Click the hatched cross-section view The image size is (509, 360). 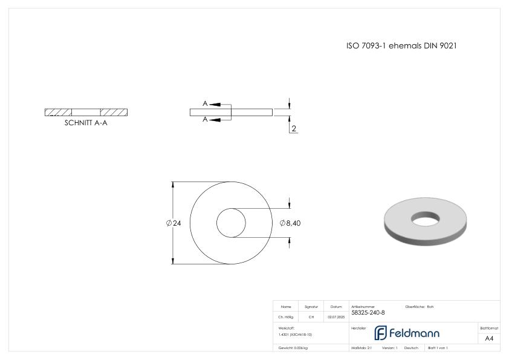click(86, 112)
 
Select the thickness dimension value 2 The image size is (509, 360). click(294, 129)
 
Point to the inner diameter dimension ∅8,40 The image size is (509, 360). click(290, 223)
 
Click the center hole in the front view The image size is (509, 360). click(231, 223)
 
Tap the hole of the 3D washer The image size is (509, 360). click(426, 216)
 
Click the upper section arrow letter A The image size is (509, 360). click(205, 104)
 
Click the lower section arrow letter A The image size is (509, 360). click(205, 120)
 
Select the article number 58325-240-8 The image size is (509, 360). click(368, 313)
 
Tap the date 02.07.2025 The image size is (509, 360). click(336, 317)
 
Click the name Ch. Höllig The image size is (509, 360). click(286, 317)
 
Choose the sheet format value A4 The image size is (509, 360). click(489, 338)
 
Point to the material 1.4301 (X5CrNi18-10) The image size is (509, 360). click(296, 335)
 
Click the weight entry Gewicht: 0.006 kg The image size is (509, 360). click(293, 348)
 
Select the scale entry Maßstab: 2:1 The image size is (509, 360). click(362, 348)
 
